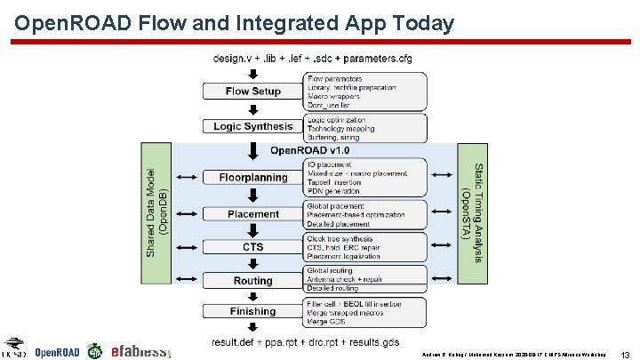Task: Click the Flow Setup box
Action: coord(253,92)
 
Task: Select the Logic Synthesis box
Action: coord(253,126)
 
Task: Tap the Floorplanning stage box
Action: coord(253,177)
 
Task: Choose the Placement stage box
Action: coord(253,213)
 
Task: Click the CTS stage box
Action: coord(253,246)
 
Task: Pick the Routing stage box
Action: coord(253,281)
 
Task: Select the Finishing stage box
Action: coord(253,311)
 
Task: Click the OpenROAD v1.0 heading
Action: coord(310,149)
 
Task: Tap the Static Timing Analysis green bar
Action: coord(471,212)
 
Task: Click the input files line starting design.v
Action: coord(312,59)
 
